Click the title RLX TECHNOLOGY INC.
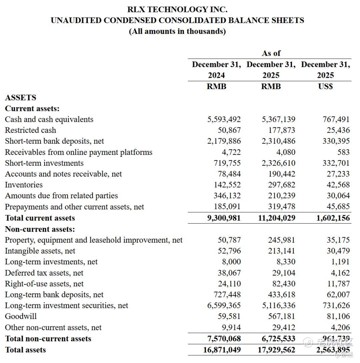pyautogui.click(x=177, y=9)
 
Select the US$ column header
pyautogui.click(x=325, y=86)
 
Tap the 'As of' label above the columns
pyautogui.click(x=271, y=53)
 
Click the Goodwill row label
pyautogui.click(x=21, y=316)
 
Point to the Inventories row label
pyautogui.click(x=24, y=185)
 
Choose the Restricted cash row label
pyautogui.click(x=30, y=130)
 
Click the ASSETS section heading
pyautogui.click(x=20, y=97)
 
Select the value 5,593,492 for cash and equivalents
pyautogui.click(x=224, y=119)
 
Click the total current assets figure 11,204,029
pyautogui.click(x=277, y=218)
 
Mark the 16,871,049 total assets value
pyautogui.click(x=222, y=350)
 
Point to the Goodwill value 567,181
pyautogui.click(x=282, y=316)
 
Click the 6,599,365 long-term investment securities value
pyautogui.click(x=224, y=305)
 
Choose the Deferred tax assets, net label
pyautogui.click(x=44, y=273)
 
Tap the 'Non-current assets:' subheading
pyautogui.click(x=40, y=229)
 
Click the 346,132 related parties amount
pyautogui.click(x=227, y=196)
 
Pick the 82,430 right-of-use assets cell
pyautogui.click(x=284, y=284)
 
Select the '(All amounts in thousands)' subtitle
pyautogui.click(x=177, y=31)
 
